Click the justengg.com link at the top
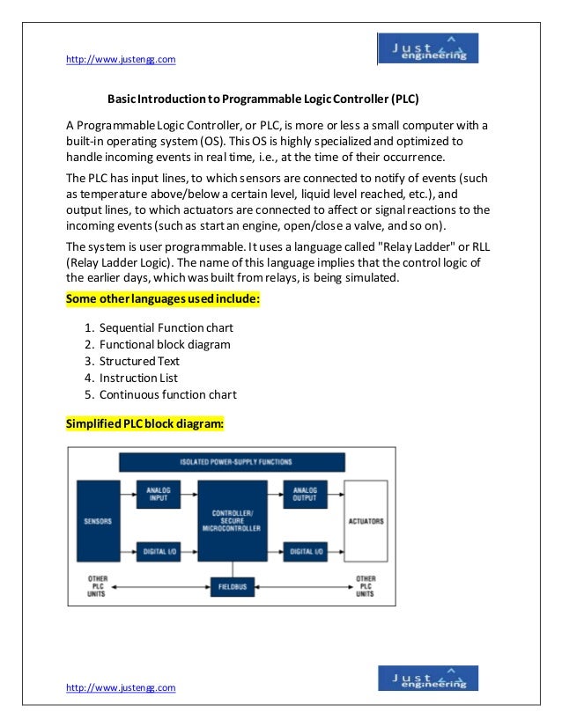122,59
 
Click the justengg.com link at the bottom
122,687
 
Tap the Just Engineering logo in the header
427,48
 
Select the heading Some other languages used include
163,299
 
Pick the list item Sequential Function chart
166,328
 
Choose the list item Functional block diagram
165,345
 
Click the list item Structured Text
139,362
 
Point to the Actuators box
366,522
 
